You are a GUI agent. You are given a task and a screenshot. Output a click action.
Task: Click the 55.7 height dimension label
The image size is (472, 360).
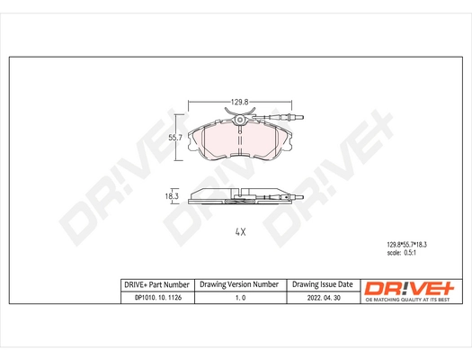(176, 137)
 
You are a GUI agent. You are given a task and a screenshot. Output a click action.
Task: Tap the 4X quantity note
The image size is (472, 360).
(239, 232)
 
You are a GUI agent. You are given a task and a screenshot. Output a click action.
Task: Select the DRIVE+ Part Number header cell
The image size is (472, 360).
(155, 284)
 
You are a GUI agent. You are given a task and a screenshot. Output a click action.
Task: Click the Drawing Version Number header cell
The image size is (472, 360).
(239, 284)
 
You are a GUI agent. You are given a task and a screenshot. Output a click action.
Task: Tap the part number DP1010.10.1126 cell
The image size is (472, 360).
(155, 300)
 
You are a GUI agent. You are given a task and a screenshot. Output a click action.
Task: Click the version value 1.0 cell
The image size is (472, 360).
(239, 300)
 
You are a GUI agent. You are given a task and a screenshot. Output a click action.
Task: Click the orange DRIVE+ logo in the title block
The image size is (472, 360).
(408, 286)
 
